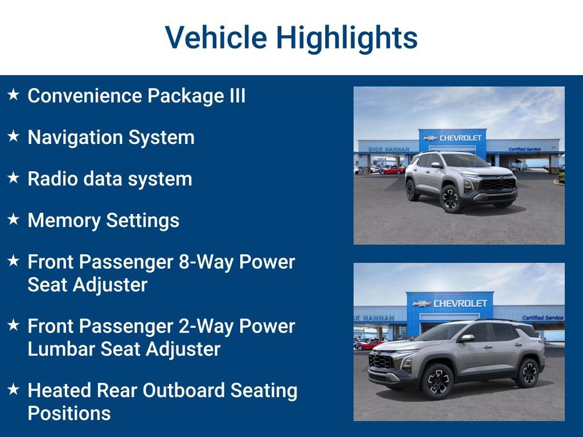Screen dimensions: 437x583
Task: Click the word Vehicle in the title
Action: pos(216,38)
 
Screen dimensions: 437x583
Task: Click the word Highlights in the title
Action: pos(347,38)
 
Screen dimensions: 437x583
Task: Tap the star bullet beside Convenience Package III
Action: pos(14,95)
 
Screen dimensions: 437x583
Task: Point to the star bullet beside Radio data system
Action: pos(14,178)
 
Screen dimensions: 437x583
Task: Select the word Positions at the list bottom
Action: pos(69,413)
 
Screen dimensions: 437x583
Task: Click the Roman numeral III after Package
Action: pos(237,95)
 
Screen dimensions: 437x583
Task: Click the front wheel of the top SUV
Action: pos(451,199)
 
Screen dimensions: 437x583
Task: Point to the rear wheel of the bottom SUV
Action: pos(528,372)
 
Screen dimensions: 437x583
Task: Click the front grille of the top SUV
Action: pos(496,184)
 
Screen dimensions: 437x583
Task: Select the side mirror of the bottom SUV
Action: pos(467,338)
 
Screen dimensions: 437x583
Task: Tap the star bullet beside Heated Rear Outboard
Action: pos(14,390)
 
